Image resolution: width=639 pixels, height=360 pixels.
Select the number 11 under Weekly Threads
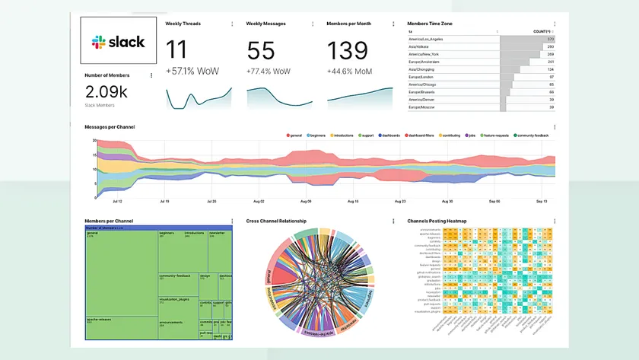(x=177, y=51)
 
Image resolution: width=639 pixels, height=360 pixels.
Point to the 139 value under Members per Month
(x=348, y=51)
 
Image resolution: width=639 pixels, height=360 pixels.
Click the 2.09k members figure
(x=106, y=92)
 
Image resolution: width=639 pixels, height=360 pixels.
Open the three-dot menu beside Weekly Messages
(x=313, y=24)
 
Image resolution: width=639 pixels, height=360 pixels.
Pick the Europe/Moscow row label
(x=424, y=107)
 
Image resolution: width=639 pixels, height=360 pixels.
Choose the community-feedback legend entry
(x=534, y=135)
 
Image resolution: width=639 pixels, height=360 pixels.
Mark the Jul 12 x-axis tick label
(x=116, y=202)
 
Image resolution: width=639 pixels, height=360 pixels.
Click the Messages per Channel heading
(x=110, y=126)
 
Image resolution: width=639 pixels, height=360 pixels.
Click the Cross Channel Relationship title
(x=276, y=221)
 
